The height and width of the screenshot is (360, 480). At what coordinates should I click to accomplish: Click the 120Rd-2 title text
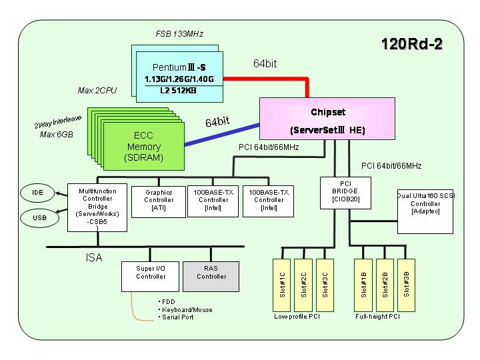pos(412,44)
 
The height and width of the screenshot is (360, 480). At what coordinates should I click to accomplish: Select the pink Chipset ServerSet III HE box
pos(327,119)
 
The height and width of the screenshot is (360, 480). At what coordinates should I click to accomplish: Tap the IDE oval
pos(37,193)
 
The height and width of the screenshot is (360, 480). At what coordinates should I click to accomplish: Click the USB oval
pos(39,217)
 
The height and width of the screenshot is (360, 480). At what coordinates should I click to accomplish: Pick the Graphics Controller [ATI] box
pos(159,202)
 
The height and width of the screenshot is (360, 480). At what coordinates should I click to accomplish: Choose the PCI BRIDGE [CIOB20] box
pos(345,193)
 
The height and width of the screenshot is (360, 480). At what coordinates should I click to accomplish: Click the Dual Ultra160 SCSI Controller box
pos(425,211)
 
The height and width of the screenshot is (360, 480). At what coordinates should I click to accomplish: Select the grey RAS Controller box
pos(211,277)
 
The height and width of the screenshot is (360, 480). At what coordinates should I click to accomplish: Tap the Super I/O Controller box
pos(150,277)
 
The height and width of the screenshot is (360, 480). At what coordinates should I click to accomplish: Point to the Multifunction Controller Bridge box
pos(97,207)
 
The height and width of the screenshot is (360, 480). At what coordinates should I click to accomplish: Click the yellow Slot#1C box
pos(281,285)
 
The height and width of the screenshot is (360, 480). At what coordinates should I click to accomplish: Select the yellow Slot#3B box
pos(406,285)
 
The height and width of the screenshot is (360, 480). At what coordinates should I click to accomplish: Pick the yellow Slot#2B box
pos(385,285)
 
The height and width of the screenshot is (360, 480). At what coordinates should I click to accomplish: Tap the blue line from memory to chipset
pos(222,135)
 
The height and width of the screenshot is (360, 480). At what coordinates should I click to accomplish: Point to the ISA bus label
pos(94,257)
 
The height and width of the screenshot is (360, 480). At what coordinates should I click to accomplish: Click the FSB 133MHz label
pos(179,34)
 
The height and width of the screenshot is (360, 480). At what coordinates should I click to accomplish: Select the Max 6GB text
pos(56,135)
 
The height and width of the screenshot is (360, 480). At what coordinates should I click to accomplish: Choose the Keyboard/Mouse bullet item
pos(187,309)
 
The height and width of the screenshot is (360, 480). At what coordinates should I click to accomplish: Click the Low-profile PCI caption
pos(297,317)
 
